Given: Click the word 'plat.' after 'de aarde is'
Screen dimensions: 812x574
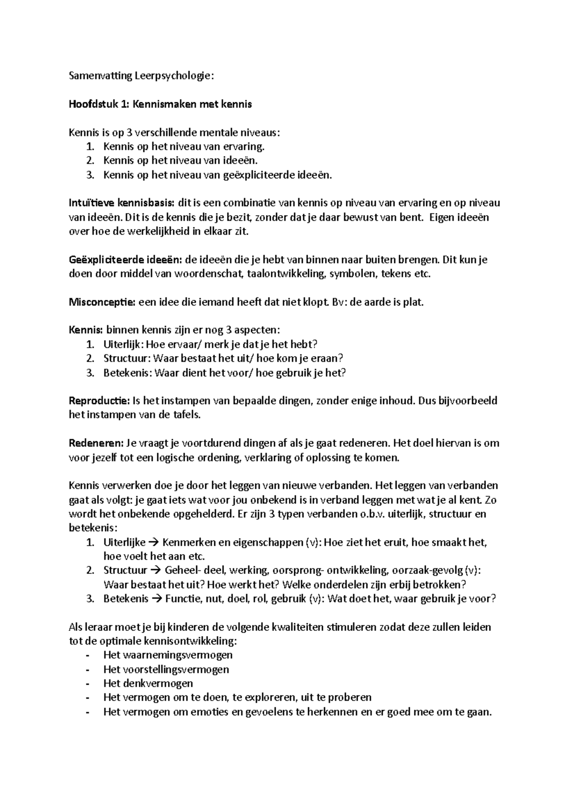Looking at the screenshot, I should [413, 302].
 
